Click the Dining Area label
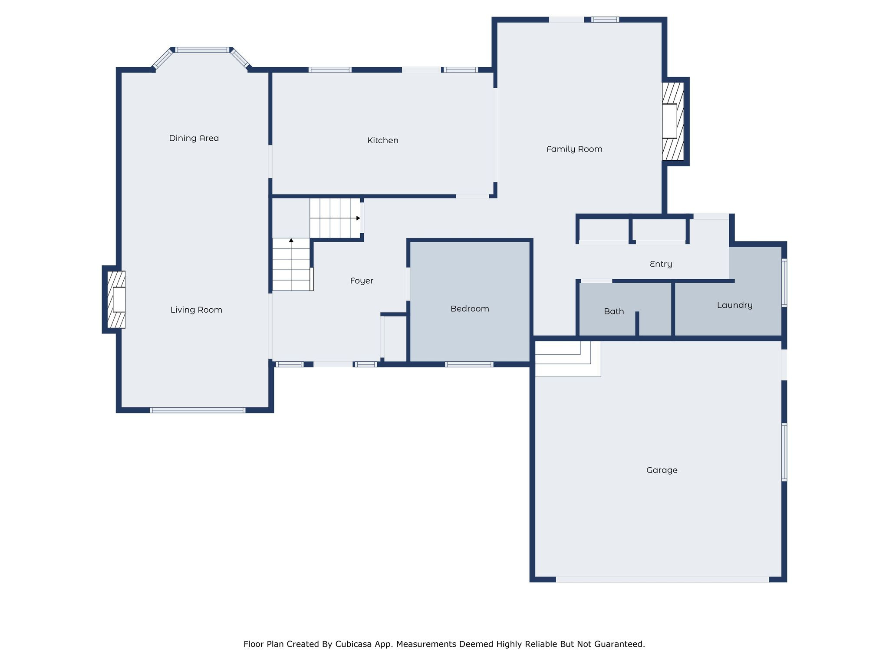pos(194,138)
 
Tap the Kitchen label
pos(382,140)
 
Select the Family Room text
pos(574,149)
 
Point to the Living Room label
pos(196,310)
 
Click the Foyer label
pos(362,281)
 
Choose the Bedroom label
pos(470,309)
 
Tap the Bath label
pos(614,311)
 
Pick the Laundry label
pos(734,305)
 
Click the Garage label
pos(662,470)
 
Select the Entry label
pos(661,264)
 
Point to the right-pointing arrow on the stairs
pos(358,218)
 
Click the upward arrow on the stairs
pos(291,240)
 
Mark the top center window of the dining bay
pos(202,50)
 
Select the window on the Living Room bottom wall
pos(198,410)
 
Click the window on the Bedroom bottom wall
pos(469,364)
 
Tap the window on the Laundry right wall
pos(784,283)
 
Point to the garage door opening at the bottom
pos(662,579)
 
